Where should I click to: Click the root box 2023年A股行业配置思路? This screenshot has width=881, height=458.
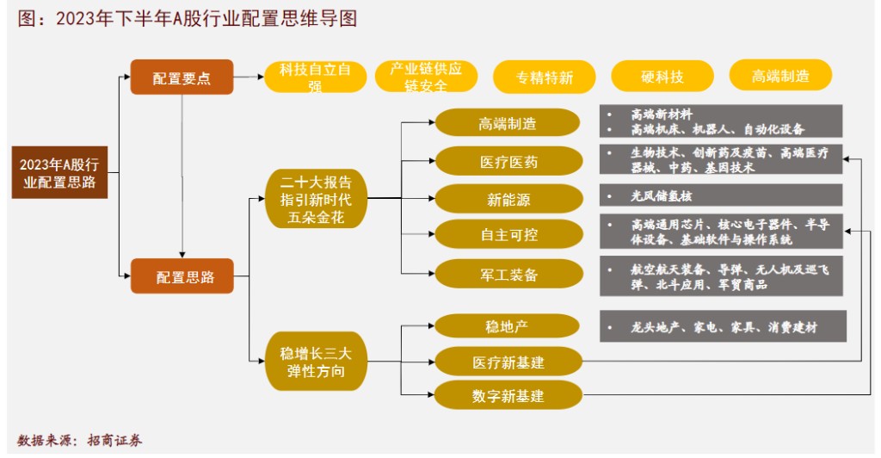[59, 173]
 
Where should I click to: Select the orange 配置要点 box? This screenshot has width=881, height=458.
[182, 77]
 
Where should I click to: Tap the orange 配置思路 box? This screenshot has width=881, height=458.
[182, 276]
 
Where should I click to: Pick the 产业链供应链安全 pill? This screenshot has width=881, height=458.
[426, 77]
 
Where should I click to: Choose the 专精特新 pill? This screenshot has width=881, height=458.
[544, 77]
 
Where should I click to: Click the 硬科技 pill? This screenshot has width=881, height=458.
[662, 77]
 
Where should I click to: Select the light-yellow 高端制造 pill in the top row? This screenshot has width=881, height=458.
[780, 76]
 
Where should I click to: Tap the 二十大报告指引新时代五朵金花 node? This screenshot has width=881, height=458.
[316, 199]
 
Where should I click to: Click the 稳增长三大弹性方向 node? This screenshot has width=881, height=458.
[316, 362]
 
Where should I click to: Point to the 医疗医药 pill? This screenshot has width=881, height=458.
[508, 161]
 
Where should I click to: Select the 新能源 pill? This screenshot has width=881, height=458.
[508, 199]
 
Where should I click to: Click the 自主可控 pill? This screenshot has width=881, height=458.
[508, 235]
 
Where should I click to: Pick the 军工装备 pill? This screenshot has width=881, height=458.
[508, 274]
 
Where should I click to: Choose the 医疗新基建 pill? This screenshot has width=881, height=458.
[508, 362]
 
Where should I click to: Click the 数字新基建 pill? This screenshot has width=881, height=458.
[508, 396]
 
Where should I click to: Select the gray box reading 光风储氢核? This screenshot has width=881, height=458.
[721, 195]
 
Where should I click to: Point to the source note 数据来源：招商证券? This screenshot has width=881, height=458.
[80, 439]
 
